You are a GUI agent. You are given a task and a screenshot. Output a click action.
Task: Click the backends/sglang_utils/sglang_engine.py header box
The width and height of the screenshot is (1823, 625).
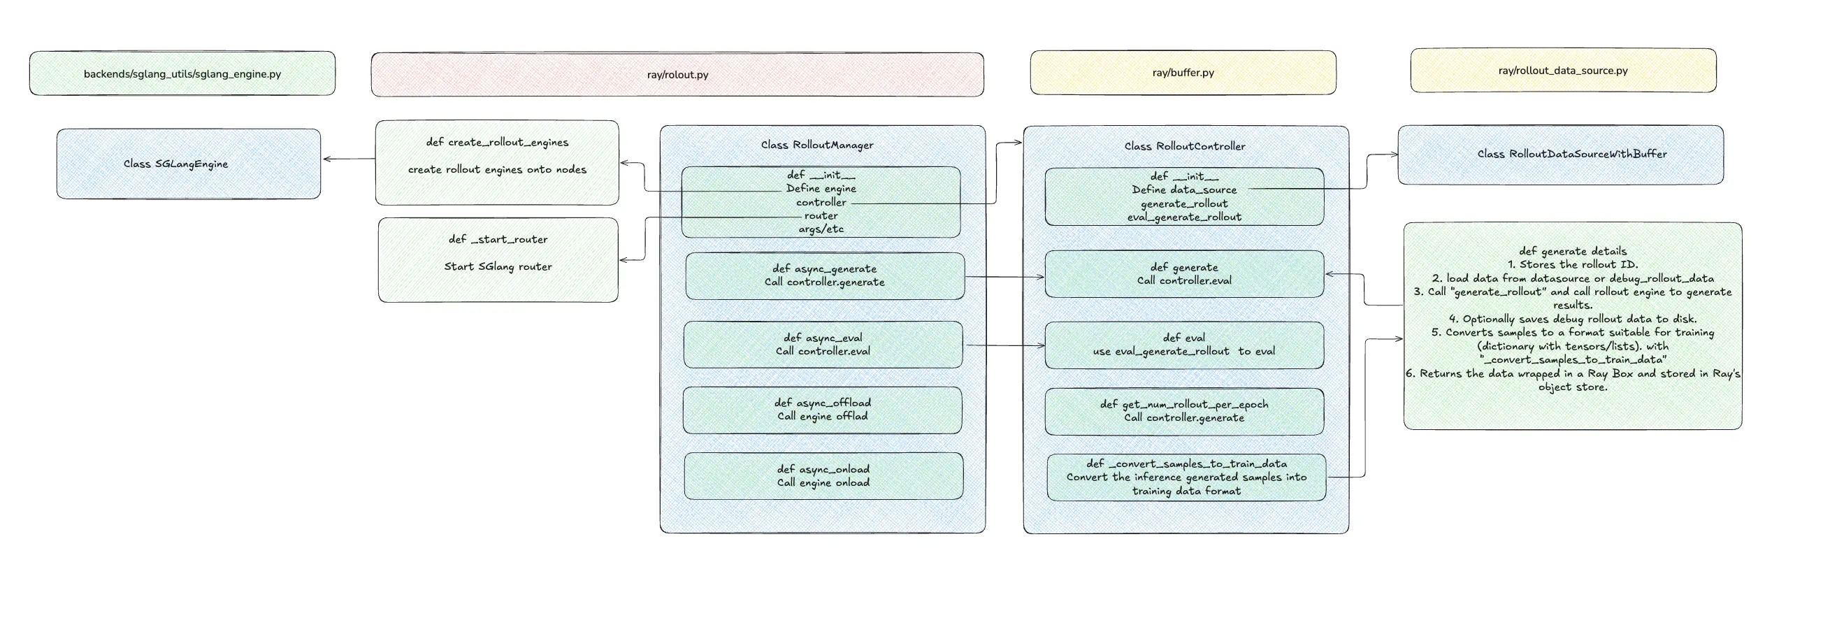click(182, 73)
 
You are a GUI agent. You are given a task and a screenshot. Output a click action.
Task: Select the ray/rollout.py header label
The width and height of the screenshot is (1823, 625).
click(677, 74)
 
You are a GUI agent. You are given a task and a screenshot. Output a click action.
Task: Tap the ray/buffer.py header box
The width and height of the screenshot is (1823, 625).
click(1183, 72)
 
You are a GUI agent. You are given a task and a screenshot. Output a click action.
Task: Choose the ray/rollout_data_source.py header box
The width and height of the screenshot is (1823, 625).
click(1563, 70)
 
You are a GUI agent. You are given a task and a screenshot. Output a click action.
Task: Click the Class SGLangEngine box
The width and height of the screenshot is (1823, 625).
click(188, 164)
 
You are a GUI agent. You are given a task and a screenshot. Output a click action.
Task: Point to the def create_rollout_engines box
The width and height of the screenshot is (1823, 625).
click(497, 163)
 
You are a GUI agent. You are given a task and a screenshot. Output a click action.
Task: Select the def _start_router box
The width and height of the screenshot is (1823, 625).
click(498, 260)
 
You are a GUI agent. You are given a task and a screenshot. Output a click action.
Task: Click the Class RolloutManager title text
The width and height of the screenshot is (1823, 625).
click(817, 145)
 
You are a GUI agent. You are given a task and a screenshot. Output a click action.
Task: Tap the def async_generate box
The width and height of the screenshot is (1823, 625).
click(824, 275)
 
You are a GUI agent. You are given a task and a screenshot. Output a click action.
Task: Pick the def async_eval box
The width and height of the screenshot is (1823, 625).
click(823, 344)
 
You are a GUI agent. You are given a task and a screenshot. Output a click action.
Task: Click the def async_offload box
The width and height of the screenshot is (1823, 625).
click(822, 410)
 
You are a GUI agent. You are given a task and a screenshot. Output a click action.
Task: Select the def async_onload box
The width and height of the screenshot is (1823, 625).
click(823, 475)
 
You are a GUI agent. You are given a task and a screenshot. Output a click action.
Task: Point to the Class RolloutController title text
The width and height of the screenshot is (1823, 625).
click(1185, 146)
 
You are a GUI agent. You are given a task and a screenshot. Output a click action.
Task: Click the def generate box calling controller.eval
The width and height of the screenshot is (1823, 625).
click(1184, 274)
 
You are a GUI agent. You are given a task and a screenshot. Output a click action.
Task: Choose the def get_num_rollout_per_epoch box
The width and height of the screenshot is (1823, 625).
click(1184, 411)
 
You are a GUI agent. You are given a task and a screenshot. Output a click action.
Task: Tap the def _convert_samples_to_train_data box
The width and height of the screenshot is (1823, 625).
click(1186, 477)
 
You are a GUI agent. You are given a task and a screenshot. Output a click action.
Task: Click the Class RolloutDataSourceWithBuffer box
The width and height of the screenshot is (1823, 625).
click(1560, 155)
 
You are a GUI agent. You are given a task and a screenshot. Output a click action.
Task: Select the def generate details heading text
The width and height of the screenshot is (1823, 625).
click(1573, 250)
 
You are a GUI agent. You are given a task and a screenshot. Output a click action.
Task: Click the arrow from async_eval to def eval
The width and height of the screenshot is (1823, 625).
click(1006, 345)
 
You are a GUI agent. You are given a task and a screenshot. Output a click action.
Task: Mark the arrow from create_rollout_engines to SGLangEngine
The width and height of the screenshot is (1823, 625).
click(349, 159)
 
